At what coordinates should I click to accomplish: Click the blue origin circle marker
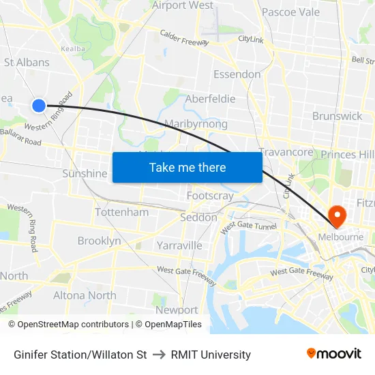[39, 105]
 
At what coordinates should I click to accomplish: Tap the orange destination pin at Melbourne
[337, 215]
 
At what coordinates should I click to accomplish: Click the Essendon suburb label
[237, 74]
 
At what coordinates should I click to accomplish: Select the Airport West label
[183, 5]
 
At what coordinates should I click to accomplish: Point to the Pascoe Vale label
[290, 12]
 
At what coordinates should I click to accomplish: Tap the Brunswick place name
[337, 116]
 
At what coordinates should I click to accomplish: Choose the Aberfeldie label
[210, 99]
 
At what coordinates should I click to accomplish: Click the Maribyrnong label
[196, 124]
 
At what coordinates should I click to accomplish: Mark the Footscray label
[210, 196]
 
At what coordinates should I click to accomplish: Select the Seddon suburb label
[198, 217]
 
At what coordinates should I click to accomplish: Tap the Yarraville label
[179, 245]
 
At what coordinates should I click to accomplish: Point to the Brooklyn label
[99, 241]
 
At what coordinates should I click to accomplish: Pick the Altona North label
[85, 295]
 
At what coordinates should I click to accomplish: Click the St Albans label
[27, 62]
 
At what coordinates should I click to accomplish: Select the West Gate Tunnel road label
[248, 226]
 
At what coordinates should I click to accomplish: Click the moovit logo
[333, 353]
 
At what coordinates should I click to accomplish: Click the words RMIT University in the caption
[211, 355]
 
